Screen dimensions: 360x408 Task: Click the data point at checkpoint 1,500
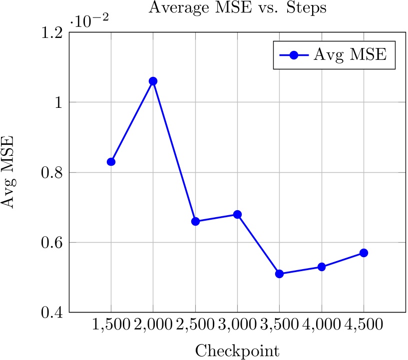(x=111, y=162)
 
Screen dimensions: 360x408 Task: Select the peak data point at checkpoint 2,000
(x=153, y=81)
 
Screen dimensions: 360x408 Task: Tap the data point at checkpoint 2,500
(x=195, y=221)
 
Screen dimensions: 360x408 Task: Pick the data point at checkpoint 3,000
(x=237, y=214)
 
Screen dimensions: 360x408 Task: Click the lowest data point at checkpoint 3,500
(x=279, y=274)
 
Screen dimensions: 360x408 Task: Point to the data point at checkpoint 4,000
(x=322, y=267)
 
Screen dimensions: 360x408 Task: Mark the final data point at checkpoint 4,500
(x=364, y=253)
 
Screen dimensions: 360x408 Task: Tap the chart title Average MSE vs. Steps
(x=237, y=8)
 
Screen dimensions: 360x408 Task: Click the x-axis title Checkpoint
(x=237, y=350)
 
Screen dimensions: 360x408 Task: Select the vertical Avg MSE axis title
(x=11, y=172)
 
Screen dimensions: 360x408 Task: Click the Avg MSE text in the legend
(x=350, y=54)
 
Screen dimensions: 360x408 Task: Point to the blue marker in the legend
(x=294, y=55)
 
